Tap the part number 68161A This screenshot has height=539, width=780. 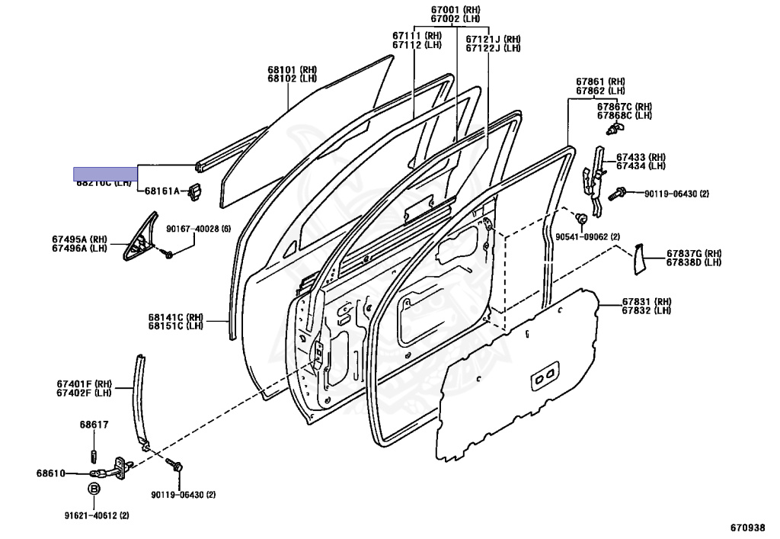click(x=162, y=191)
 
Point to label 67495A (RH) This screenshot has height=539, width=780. click(x=79, y=239)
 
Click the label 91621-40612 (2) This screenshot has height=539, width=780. click(x=96, y=515)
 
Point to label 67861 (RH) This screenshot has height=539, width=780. click(x=599, y=82)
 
